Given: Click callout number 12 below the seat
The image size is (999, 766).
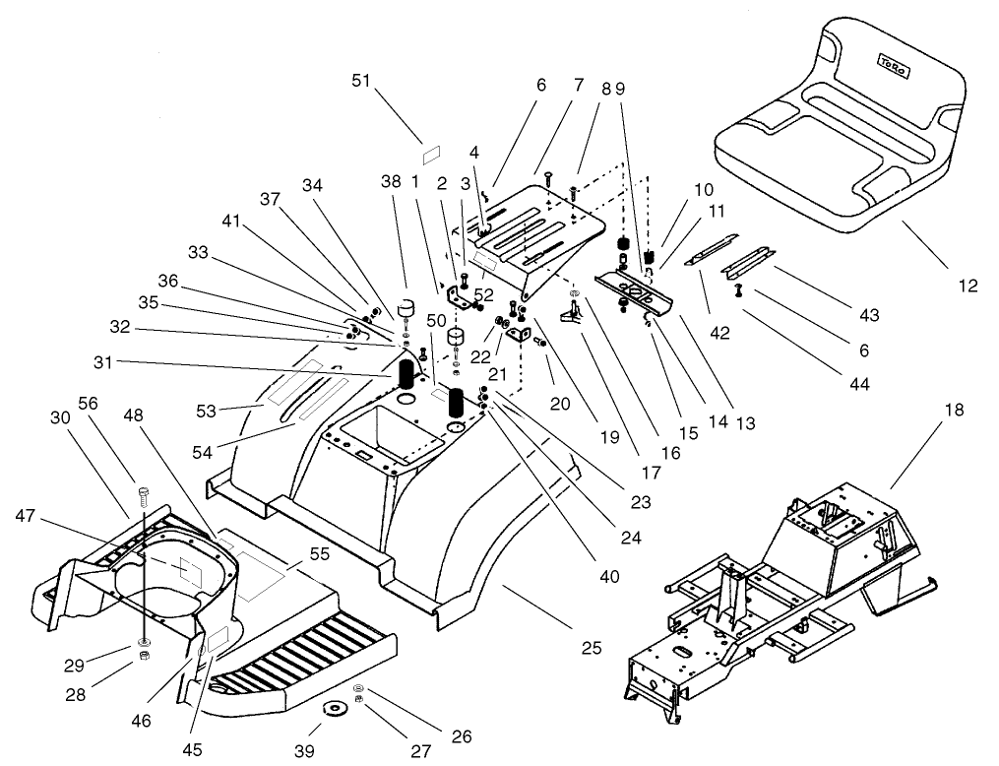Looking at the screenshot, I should point(968,286).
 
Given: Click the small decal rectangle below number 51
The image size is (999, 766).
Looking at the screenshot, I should point(429,155).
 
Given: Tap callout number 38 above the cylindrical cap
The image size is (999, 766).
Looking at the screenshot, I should point(391,181).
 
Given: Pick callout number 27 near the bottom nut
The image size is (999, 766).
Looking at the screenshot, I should point(420,749).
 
